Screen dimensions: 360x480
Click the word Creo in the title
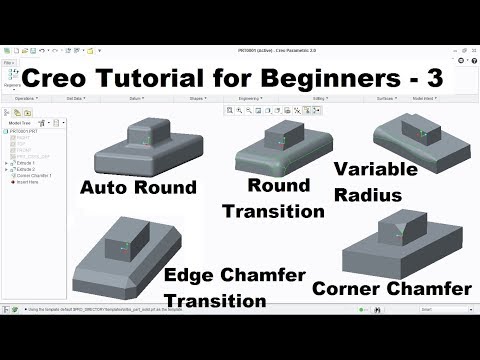(x=63, y=78)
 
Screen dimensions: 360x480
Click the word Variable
(x=375, y=169)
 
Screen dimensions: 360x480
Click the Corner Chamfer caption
(x=391, y=289)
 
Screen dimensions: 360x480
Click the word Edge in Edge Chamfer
(x=190, y=276)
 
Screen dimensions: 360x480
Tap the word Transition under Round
(x=274, y=211)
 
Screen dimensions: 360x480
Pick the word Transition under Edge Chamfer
(x=218, y=301)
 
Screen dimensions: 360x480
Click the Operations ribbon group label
(x=27, y=99)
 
